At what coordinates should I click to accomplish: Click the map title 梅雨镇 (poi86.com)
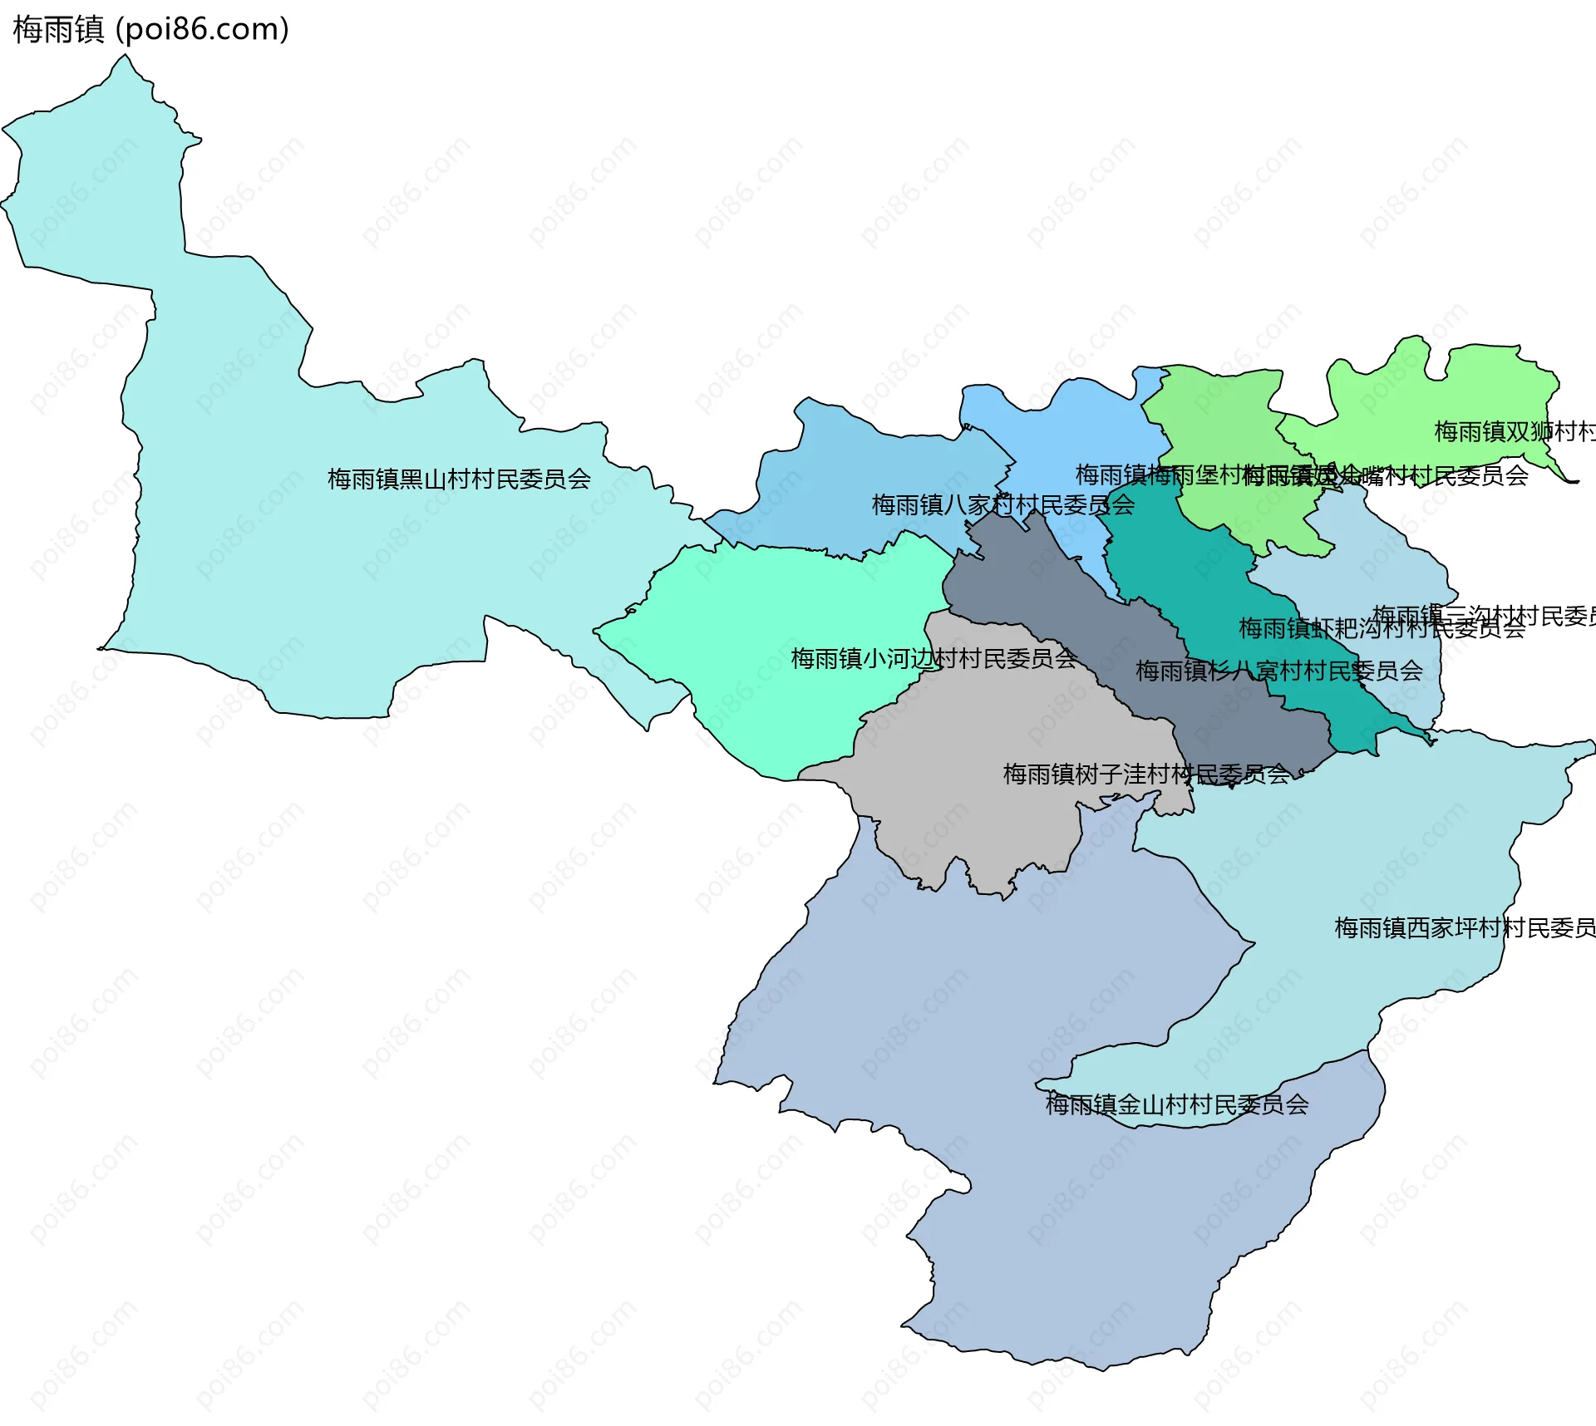coord(150,29)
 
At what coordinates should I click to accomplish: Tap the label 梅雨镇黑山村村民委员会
coord(459,479)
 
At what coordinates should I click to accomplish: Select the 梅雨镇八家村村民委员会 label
coord(1002,504)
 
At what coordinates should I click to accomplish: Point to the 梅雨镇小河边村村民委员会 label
coord(933,659)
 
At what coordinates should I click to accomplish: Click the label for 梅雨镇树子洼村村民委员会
coord(1145,774)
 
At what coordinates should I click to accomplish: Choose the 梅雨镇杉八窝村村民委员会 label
coord(1278,671)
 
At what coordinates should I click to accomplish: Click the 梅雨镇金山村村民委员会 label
coord(1176,1104)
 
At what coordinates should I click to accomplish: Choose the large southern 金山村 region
coord(1039,1205)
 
